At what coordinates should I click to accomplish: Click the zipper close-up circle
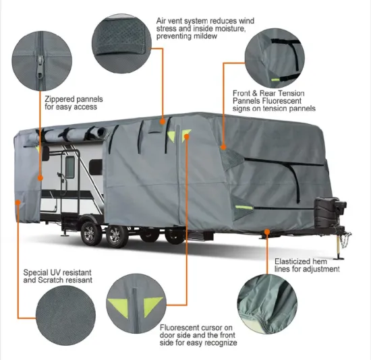click(x=29, y=51)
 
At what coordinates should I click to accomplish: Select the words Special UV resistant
click(x=57, y=272)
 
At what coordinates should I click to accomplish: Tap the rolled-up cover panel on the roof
click(x=74, y=134)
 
